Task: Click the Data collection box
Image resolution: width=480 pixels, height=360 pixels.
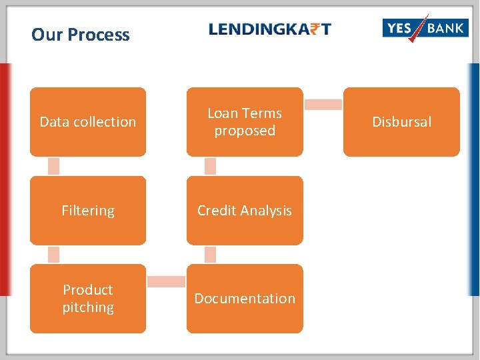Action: tap(88, 122)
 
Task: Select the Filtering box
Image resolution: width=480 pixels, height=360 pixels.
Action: tap(88, 211)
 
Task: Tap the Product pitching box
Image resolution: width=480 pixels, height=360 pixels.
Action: tap(88, 299)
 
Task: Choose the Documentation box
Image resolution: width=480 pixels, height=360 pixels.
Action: tap(245, 299)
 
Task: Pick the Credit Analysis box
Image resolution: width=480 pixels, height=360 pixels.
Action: tap(245, 211)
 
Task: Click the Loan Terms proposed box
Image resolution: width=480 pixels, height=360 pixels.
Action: tap(245, 122)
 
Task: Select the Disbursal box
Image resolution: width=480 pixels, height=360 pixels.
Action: tap(401, 122)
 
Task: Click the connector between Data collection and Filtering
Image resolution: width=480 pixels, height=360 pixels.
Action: tap(54, 166)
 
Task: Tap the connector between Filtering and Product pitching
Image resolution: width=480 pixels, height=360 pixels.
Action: tap(54, 255)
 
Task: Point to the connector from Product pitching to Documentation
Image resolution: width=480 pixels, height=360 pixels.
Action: tap(166, 282)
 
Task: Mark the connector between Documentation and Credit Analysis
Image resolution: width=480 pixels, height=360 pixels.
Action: tap(211, 255)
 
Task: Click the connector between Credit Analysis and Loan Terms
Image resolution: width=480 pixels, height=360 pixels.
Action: tap(211, 166)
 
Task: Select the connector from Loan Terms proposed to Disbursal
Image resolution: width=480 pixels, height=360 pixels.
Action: tap(323, 105)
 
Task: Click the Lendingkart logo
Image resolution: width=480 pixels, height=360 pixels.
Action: tap(270, 29)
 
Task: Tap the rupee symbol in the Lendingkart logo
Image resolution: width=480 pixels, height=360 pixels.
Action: tap(311, 29)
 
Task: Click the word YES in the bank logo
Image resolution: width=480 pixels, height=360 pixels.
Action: tap(400, 28)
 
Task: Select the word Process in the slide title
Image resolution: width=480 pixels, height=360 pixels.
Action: tap(99, 35)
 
